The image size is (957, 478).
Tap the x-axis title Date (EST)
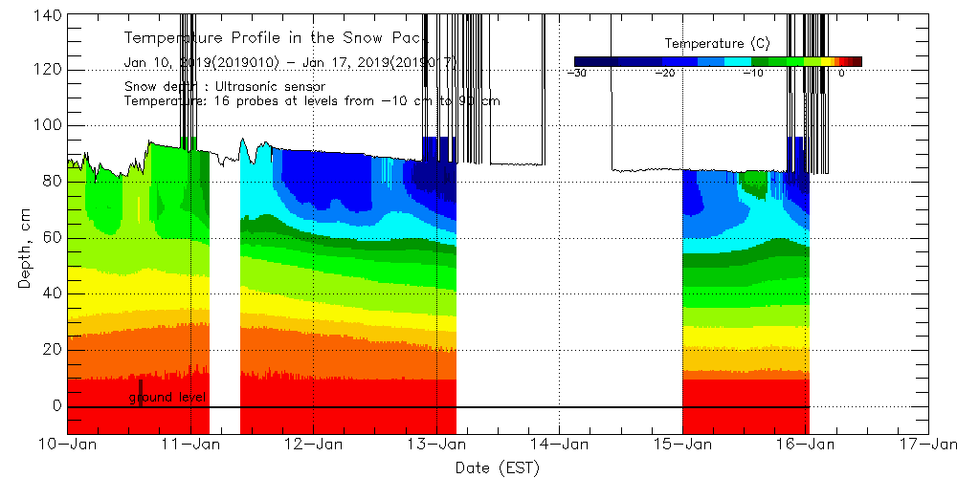click(498, 467)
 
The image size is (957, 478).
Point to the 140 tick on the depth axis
click(50, 15)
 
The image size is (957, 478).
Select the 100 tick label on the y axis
click(50, 125)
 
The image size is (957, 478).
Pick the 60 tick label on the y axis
click(54, 237)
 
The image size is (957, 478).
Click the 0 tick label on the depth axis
click(57, 406)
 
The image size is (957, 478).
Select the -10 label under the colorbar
click(754, 73)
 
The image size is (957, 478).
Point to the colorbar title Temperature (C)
click(717, 44)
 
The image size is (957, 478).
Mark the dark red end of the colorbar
click(857, 60)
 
